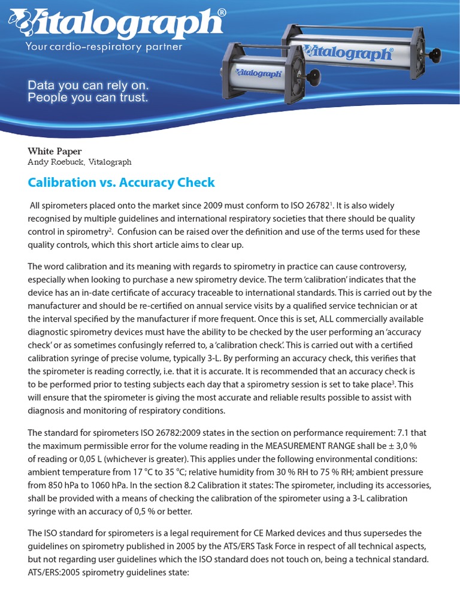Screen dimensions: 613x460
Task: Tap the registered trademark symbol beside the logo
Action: pos(221,12)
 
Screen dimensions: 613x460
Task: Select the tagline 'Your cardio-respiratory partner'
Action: pos(102,47)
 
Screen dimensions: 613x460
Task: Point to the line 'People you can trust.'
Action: pos(87,98)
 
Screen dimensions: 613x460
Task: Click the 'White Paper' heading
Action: pos(55,151)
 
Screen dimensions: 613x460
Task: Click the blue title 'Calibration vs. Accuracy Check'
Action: pos(121,183)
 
